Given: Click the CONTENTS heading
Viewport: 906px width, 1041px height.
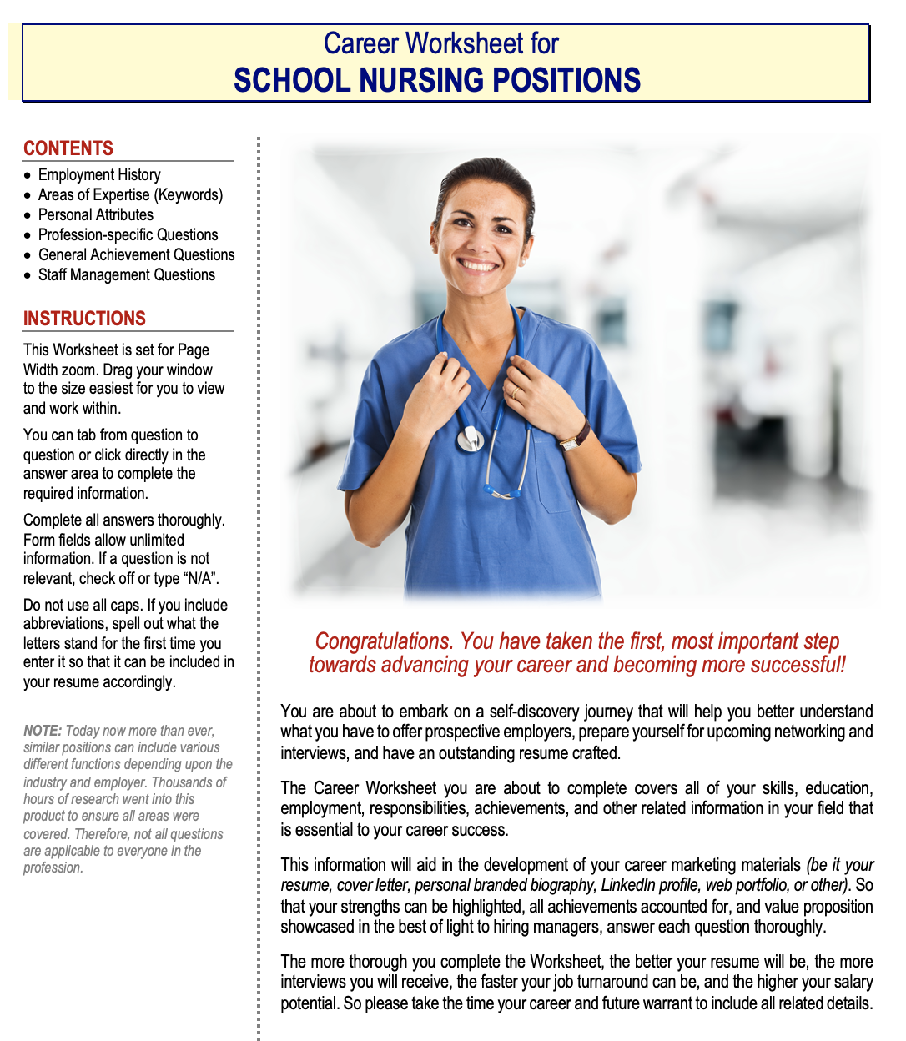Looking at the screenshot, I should pyautogui.click(x=68, y=148).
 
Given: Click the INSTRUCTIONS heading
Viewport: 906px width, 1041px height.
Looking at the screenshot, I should pyautogui.click(x=84, y=319).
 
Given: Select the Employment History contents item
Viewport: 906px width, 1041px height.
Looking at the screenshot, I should pyautogui.click(x=99, y=175).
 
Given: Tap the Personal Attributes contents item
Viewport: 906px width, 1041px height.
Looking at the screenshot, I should pyautogui.click(x=96, y=215).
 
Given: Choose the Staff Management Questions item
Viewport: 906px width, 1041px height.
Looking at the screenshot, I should pyautogui.click(x=127, y=275).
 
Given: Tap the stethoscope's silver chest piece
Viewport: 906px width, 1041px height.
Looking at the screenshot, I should pyautogui.click(x=471, y=438).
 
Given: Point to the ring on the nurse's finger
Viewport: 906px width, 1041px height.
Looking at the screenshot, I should pyautogui.click(x=515, y=390).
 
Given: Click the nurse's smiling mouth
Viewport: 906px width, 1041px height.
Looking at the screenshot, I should pyautogui.click(x=479, y=266).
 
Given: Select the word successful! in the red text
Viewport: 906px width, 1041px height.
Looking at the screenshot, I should pyautogui.click(x=798, y=665).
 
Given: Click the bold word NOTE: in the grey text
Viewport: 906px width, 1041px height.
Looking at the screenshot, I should pyautogui.click(x=43, y=731).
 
